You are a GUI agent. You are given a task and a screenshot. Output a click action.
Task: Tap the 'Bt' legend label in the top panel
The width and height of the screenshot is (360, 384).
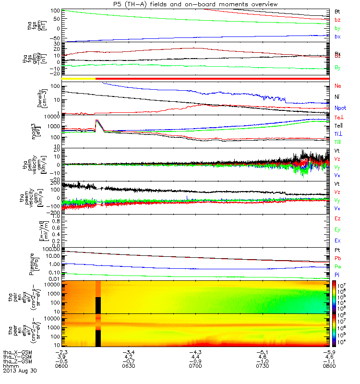tap(337, 11)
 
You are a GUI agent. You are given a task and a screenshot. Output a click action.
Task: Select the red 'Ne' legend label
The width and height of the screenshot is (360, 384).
tap(337, 86)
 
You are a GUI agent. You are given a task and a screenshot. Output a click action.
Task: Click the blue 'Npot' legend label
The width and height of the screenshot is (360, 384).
tap(340, 108)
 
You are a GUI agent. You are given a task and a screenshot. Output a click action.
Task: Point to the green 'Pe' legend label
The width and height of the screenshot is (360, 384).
tap(337, 266)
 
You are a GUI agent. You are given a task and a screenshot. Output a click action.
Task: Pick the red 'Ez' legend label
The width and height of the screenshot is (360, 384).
tap(337, 218)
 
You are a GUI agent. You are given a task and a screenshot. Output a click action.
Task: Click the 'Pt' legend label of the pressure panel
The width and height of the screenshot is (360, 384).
tap(337, 250)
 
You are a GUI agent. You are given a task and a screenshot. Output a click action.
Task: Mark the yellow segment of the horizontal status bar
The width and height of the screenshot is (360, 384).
tap(79, 78)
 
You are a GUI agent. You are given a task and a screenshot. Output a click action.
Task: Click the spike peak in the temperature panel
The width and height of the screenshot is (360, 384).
tap(96, 120)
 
